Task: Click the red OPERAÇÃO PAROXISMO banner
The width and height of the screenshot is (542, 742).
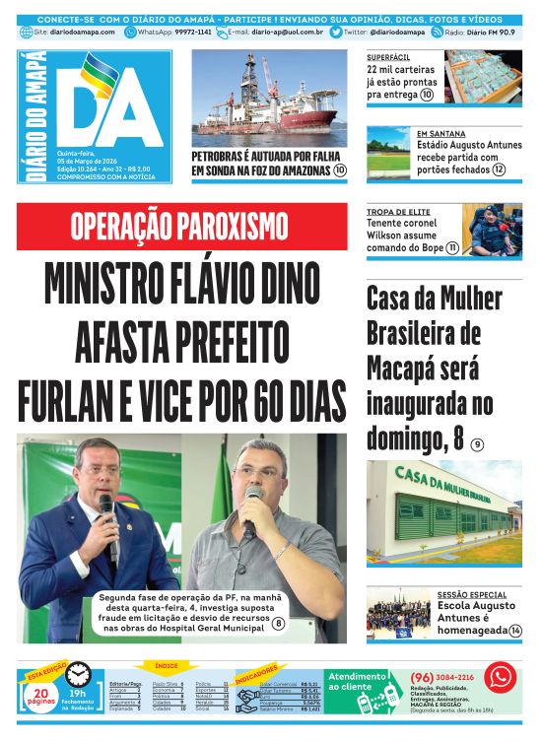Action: (177, 227)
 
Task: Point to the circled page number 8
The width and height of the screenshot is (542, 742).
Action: (279, 623)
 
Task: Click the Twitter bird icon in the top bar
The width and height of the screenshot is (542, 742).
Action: (336, 32)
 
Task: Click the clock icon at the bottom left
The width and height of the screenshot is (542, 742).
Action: (79, 675)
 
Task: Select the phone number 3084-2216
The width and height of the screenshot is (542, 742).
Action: (452, 677)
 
